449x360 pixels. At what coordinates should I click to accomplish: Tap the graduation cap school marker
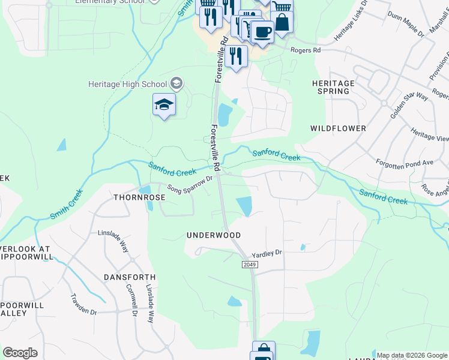[x=164, y=105]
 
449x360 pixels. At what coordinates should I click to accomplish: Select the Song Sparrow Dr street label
[x=190, y=184]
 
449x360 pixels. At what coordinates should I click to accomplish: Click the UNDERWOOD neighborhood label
[x=214, y=235]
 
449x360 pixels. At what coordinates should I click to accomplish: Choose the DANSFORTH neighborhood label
[x=129, y=277]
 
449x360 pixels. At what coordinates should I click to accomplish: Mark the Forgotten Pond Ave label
[x=404, y=163]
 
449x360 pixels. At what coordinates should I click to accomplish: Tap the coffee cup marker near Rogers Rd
[x=262, y=31]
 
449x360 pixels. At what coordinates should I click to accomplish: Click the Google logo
[x=20, y=353]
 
